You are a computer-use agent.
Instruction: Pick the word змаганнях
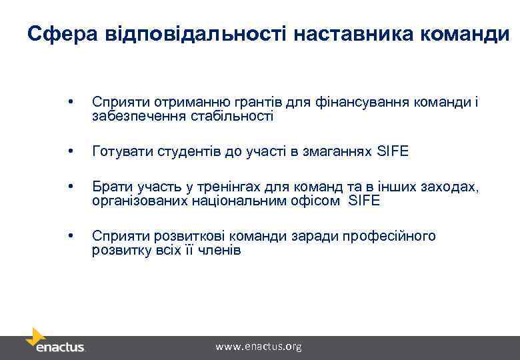pyautogui.click(x=339, y=152)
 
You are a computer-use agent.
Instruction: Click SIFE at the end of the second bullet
pyautogui.click(x=393, y=152)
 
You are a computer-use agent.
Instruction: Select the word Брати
pyautogui.click(x=108, y=187)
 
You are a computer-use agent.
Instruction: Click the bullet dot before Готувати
pyautogui.click(x=70, y=152)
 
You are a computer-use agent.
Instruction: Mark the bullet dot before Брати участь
pyautogui.click(x=70, y=187)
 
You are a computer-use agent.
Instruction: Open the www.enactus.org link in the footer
pyautogui.click(x=259, y=347)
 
